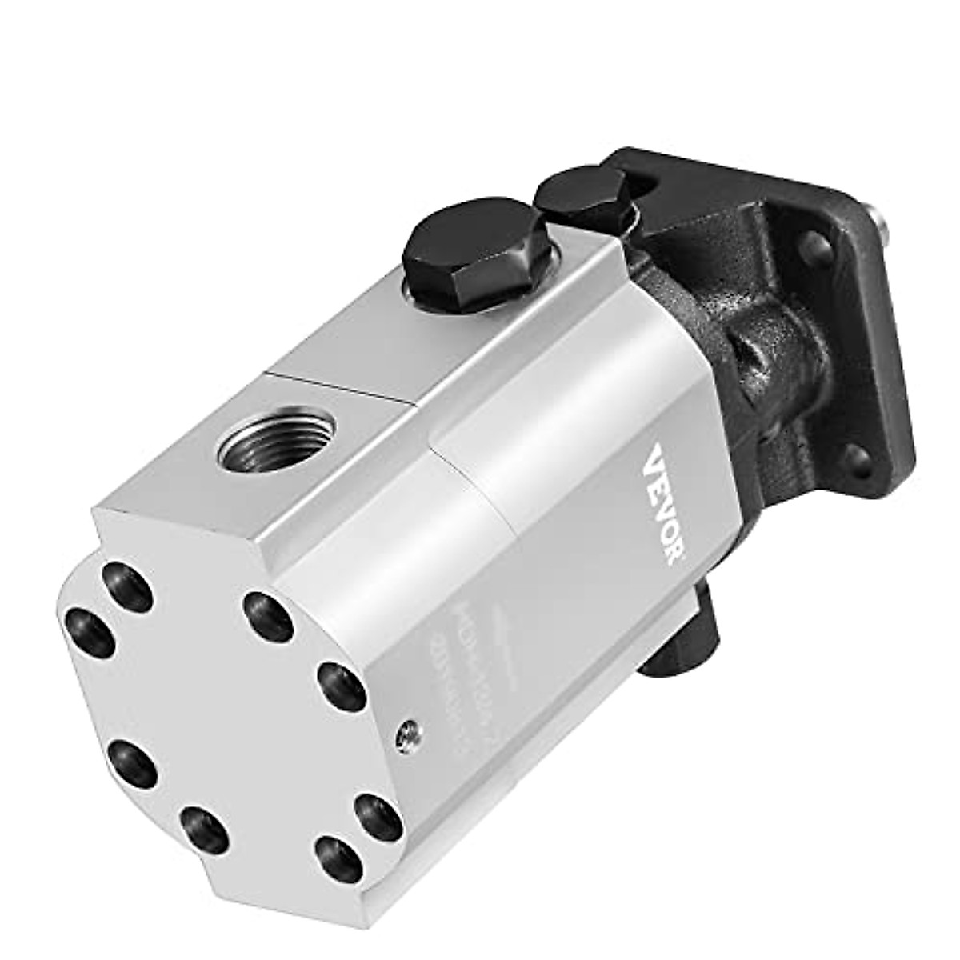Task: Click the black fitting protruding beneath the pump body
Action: (688, 632)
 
